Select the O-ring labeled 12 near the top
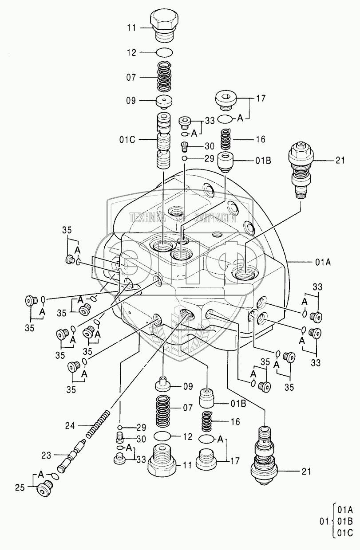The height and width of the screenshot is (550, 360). [165, 52]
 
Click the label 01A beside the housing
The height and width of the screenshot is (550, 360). [323, 263]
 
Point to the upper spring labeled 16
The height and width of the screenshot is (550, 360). [226, 139]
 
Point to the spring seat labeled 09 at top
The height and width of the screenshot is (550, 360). [164, 102]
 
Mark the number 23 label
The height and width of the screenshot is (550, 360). [46, 456]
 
